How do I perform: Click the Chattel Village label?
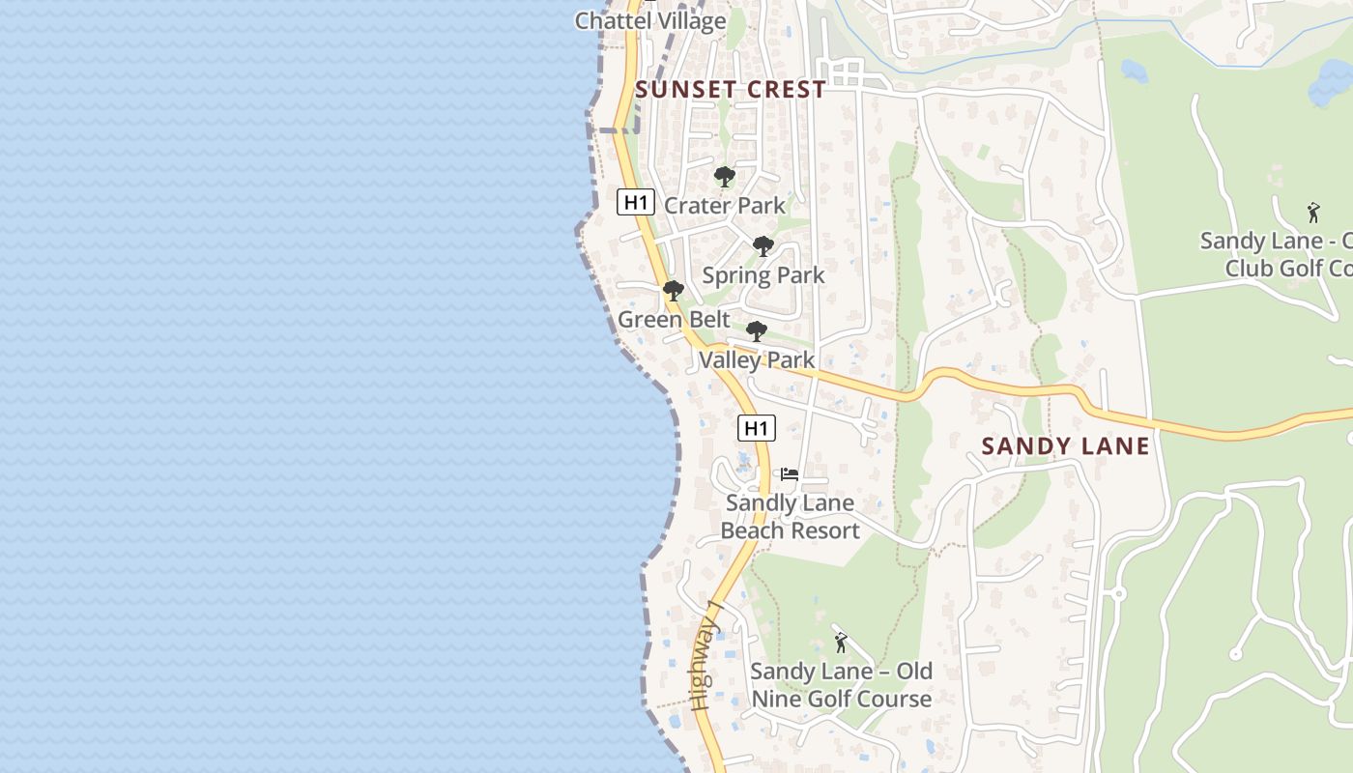click(x=650, y=20)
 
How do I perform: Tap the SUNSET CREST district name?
click(x=731, y=90)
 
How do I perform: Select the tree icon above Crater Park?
click(x=725, y=177)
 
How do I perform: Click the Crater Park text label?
click(x=725, y=206)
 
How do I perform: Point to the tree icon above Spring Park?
click(x=763, y=246)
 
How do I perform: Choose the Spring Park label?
click(x=763, y=275)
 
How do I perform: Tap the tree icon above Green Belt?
click(x=674, y=291)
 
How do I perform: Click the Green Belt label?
click(x=674, y=320)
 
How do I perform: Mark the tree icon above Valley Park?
click(x=757, y=331)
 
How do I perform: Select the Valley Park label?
click(x=757, y=360)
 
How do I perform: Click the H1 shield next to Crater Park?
click(x=636, y=202)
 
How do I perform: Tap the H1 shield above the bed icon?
click(x=756, y=428)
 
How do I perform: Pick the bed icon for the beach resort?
click(x=790, y=474)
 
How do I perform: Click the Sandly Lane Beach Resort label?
click(x=790, y=517)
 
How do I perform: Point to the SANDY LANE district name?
click(x=1066, y=446)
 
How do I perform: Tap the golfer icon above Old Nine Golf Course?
click(x=841, y=643)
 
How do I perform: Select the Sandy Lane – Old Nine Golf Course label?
click(x=842, y=685)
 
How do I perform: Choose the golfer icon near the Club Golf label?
click(x=1312, y=213)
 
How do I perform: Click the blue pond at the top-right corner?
click(x=1330, y=85)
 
